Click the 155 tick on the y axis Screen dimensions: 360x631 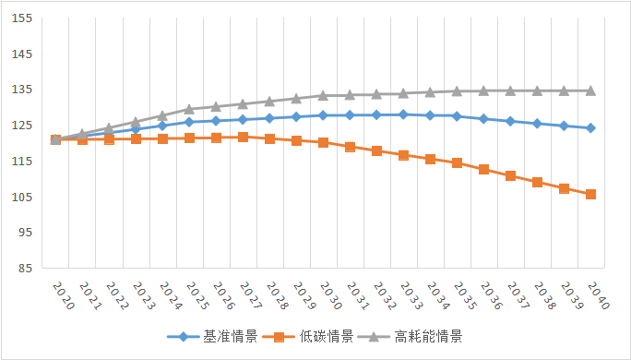(x=20, y=18)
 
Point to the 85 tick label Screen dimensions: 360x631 (x=23, y=269)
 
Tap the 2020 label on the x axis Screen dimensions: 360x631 (x=60, y=297)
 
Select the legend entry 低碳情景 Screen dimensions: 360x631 (x=321, y=336)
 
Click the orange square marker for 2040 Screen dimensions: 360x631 (x=590, y=194)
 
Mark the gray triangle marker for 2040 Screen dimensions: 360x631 (x=590, y=90)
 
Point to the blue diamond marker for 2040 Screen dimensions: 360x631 (x=590, y=127)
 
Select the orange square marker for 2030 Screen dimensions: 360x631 (x=323, y=142)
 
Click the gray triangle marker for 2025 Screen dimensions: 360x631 (x=189, y=109)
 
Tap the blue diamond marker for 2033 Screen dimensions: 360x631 (x=403, y=114)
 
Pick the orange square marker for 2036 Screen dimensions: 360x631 (x=483, y=169)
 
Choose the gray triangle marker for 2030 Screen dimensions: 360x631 (x=323, y=95)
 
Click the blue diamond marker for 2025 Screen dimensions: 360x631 (x=189, y=122)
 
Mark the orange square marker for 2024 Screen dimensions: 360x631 (x=162, y=138)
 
